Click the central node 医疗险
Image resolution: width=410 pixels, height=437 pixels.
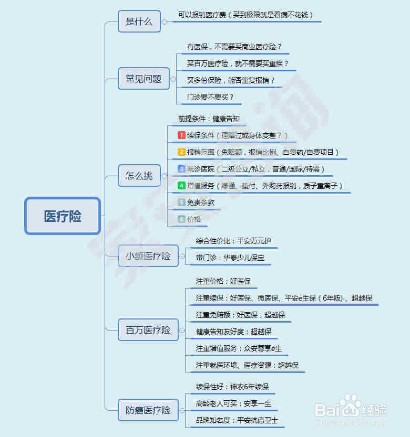click(x=62, y=216)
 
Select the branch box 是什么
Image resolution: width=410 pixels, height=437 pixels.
click(x=139, y=22)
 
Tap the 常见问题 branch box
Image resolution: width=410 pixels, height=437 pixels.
click(x=143, y=79)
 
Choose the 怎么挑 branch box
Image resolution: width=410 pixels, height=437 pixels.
click(x=139, y=175)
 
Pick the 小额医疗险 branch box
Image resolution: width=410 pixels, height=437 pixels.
click(x=148, y=256)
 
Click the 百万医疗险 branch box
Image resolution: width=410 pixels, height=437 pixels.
click(x=148, y=330)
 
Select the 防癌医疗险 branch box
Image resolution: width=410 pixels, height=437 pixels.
click(x=148, y=410)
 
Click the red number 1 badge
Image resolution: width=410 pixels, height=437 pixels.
click(x=182, y=135)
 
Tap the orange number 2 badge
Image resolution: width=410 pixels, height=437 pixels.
click(x=182, y=152)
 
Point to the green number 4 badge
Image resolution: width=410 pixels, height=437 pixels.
click(x=182, y=186)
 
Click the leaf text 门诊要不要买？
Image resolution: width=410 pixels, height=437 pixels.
click(x=210, y=97)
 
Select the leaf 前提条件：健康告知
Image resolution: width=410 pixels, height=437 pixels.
click(x=209, y=119)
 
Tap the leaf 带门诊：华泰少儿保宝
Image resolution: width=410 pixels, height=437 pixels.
click(x=230, y=258)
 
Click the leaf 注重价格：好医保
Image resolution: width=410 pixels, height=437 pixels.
click(x=223, y=281)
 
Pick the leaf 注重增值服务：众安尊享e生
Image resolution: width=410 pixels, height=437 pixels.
click(x=239, y=348)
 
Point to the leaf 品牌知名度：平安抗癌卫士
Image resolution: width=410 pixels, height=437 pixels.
click(x=237, y=420)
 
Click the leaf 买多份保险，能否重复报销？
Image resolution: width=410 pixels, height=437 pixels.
click(x=231, y=80)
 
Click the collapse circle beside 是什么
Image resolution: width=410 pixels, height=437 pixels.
click(x=165, y=22)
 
